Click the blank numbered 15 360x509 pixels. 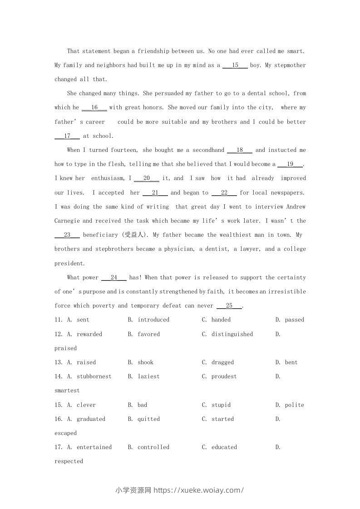click(235, 65)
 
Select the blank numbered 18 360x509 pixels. click(239, 150)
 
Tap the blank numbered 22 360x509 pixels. click(224, 193)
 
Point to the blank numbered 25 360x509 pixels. click(229, 306)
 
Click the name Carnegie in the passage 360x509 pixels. click(67, 221)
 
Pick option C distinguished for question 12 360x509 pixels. click(232, 334)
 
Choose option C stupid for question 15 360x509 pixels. click(221, 405)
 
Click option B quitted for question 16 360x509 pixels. click(148, 419)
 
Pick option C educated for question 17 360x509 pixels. click(224, 447)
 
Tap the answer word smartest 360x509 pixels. click(67, 391)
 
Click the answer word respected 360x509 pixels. click(69, 461)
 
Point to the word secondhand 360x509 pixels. click(208, 150)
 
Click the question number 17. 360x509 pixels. click(58, 447)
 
